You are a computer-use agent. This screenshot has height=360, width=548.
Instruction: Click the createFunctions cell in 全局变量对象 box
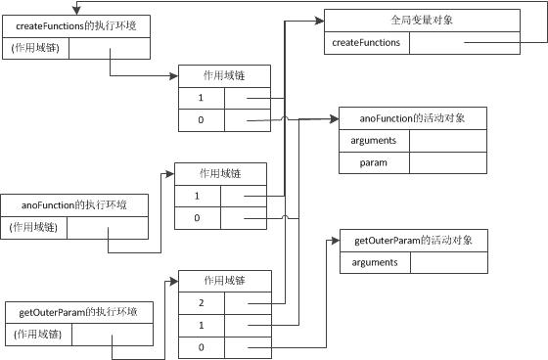(366, 43)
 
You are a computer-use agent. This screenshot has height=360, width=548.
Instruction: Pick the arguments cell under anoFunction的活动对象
(373, 141)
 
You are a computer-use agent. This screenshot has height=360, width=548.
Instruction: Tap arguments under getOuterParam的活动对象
(373, 262)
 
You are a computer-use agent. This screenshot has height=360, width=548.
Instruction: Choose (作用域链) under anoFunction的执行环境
(36, 228)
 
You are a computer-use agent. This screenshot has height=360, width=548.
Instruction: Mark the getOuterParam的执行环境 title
(78, 312)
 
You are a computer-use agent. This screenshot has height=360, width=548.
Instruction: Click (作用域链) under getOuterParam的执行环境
(36, 335)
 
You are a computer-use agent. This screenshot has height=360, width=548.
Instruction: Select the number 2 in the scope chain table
(200, 304)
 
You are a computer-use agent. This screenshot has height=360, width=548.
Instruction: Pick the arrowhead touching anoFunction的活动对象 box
(335, 119)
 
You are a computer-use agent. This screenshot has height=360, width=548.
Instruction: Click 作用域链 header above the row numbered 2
(225, 281)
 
